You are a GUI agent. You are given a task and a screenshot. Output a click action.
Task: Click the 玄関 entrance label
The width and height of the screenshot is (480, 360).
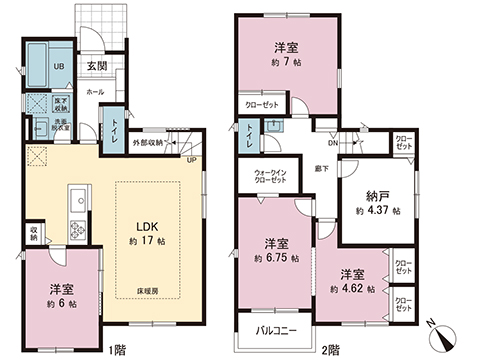[96, 66]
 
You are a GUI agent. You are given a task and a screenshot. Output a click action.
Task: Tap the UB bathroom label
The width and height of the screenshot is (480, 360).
[31, 65]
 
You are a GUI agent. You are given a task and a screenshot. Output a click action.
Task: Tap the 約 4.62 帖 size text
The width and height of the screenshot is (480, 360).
[351, 289]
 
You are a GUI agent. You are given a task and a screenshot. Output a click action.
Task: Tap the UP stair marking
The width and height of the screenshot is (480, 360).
[191, 159]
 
